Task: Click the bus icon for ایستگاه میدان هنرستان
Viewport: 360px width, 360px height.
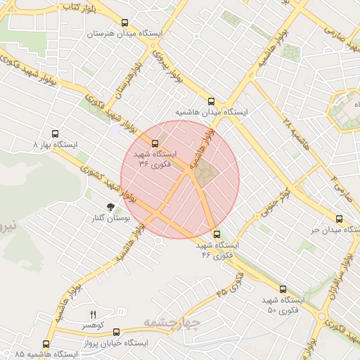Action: tap(124, 22)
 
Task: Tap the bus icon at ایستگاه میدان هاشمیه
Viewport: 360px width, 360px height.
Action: tap(212, 101)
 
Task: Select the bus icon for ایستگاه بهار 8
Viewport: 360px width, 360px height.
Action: tap(56, 133)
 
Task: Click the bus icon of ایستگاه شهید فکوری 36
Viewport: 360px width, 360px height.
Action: tap(155, 143)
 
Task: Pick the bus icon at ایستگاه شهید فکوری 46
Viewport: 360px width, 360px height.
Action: tap(216, 235)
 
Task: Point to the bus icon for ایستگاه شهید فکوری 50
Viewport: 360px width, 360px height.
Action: tap(283, 289)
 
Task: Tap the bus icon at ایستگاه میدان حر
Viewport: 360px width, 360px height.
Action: tap(340, 219)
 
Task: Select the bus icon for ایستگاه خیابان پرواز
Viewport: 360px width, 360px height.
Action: tap(116, 332)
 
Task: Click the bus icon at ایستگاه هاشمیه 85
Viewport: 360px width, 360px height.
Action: tap(46, 344)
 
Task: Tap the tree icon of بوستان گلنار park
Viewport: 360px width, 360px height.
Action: tap(110, 207)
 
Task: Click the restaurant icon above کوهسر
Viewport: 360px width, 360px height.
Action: tap(92, 314)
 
